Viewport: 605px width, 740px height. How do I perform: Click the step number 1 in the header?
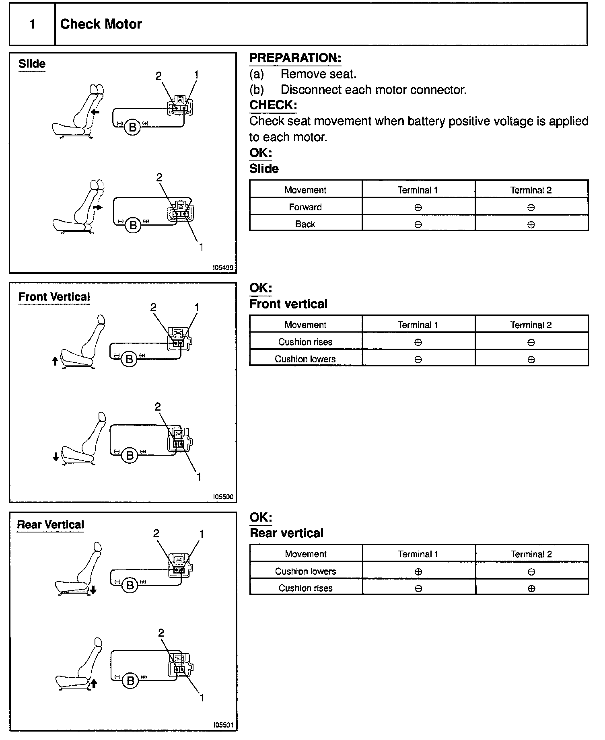point(32,25)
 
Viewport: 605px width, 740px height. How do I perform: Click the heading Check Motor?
point(101,24)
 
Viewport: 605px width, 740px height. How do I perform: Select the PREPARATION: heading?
point(295,58)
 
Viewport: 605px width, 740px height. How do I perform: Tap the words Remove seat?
point(318,74)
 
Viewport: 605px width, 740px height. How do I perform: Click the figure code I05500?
point(223,497)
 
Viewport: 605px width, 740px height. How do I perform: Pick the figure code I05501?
point(223,725)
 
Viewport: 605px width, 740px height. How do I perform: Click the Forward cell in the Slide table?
point(305,207)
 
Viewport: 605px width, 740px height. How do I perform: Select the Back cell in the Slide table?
point(305,224)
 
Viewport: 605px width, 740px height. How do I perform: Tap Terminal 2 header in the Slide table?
point(531,190)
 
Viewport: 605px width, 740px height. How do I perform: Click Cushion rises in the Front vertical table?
point(305,342)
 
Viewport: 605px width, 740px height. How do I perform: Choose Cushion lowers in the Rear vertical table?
point(305,571)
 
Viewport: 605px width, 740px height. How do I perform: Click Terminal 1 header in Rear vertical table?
point(418,554)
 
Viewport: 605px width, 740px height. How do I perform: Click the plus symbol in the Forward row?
point(418,208)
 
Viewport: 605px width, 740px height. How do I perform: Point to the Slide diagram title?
point(32,64)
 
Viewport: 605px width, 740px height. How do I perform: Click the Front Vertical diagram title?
point(54,297)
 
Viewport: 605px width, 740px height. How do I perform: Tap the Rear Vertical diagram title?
point(50,525)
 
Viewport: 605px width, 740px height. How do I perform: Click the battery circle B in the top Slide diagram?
point(132,127)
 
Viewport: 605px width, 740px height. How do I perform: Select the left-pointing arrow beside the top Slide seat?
point(95,112)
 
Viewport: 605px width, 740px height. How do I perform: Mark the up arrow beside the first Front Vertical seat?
point(55,361)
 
